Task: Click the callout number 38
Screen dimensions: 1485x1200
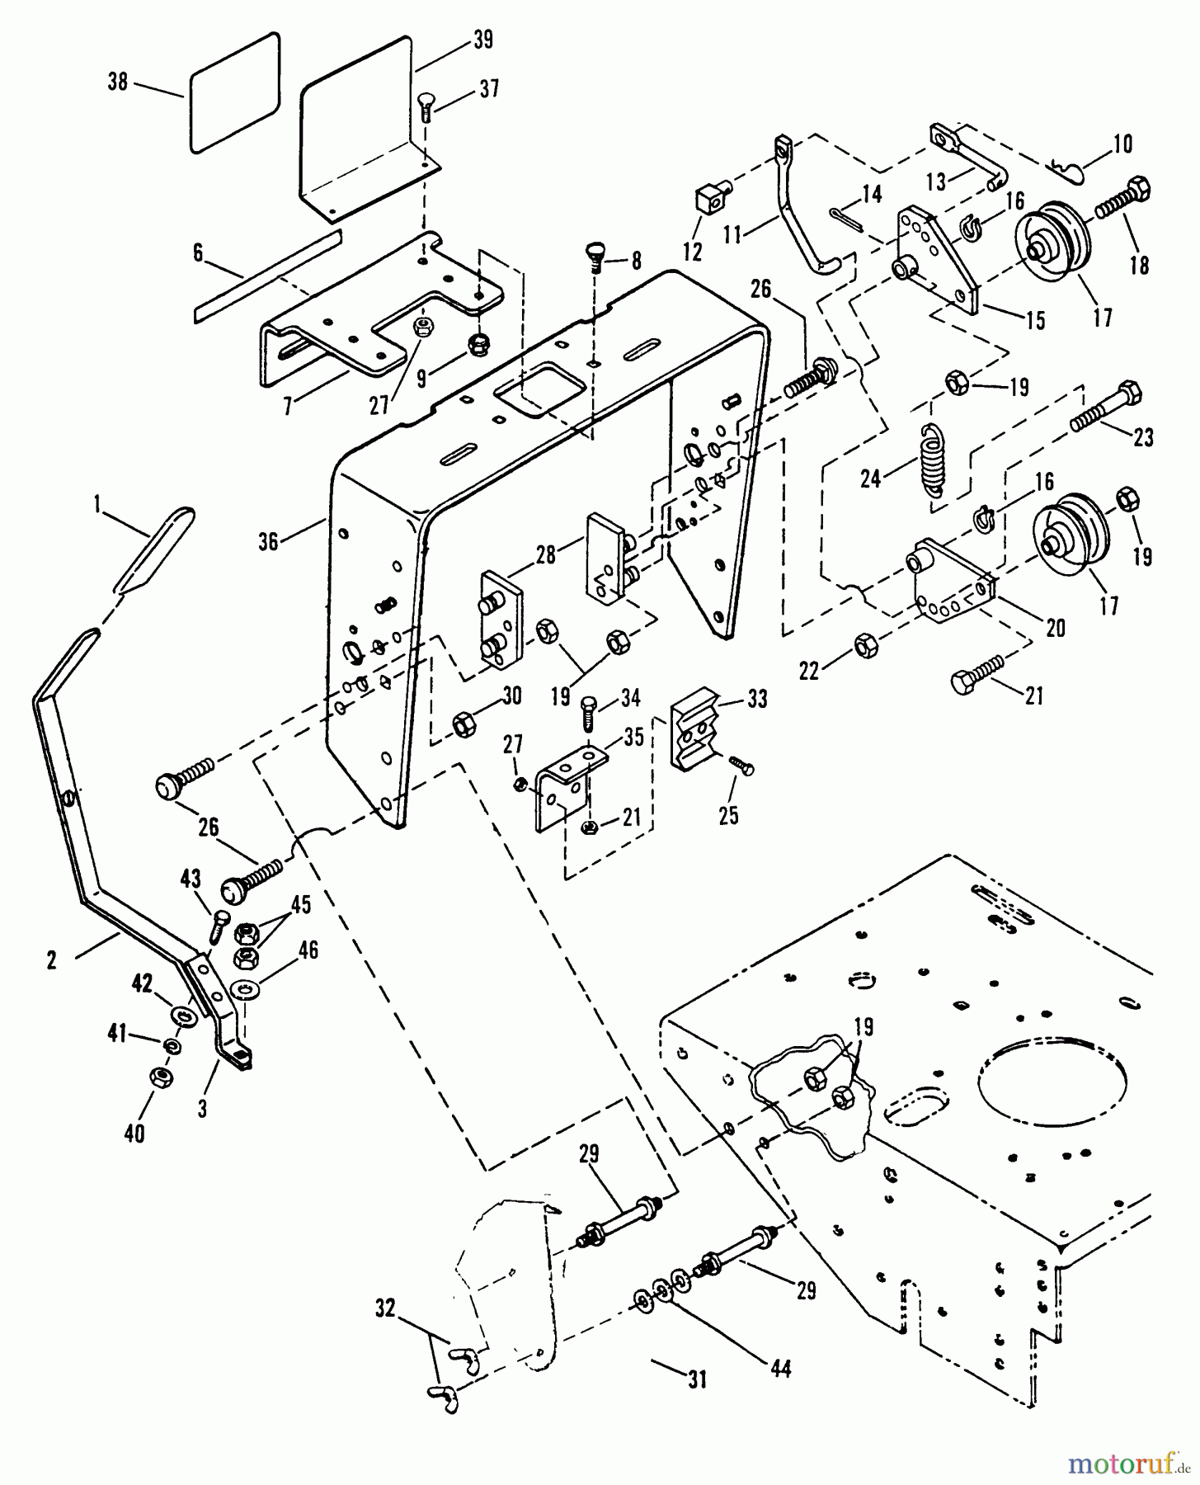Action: [120, 82]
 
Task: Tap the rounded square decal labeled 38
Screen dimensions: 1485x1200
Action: [235, 92]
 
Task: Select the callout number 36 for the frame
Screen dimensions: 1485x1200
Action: [268, 540]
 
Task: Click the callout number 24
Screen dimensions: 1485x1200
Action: [872, 478]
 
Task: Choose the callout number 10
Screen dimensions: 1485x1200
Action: [1122, 144]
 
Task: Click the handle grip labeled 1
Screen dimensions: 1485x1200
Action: [153, 549]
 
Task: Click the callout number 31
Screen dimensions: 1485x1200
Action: [698, 1378]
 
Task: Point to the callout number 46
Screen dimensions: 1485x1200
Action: [308, 950]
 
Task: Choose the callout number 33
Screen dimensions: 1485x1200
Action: [756, 700]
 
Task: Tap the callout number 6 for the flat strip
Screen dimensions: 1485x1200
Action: [198, 252]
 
